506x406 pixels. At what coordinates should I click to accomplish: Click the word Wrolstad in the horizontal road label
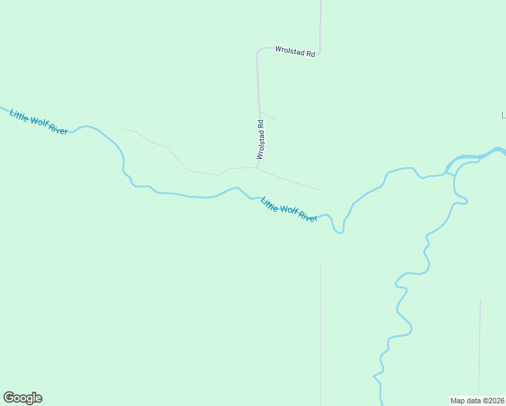click(290, 50)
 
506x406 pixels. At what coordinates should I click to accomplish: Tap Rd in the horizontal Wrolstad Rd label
click(310, 53)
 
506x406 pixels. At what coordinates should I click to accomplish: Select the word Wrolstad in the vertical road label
click(260, 144)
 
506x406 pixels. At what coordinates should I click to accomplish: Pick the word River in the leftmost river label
click(58, 129)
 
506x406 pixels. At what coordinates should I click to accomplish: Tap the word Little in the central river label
click(270, 204)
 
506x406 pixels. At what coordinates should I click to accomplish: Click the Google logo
click(22, 398)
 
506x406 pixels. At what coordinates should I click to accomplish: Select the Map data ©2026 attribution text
click(477, 400)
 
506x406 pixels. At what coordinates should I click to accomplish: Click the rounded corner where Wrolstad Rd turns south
click(258, 51)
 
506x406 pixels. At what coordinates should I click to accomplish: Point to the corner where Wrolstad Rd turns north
click(319, 51)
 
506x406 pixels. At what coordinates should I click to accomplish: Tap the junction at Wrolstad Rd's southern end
click(256, 167)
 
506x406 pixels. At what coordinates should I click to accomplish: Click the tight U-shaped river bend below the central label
click(338, 231)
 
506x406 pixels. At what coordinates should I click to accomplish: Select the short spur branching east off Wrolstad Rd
click(269, 116)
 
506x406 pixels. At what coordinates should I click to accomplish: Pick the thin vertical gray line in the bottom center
click(320, 332)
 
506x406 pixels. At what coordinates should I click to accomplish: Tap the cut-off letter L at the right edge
click(503, 116)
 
